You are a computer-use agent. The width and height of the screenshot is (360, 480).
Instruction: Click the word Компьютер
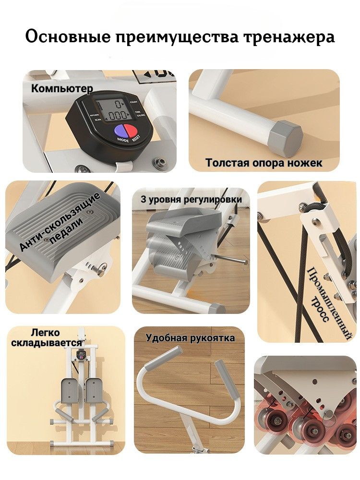pos(62,88)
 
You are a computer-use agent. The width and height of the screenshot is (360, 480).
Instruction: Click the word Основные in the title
pos(68,37)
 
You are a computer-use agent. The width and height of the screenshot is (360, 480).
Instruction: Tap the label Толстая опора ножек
pos(264,163)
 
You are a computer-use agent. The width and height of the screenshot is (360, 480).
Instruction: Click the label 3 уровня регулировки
pos(192,199)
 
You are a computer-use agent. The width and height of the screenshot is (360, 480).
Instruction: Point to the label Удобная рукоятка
pos(190,338)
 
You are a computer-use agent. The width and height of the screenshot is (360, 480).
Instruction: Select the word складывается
pos(47,343)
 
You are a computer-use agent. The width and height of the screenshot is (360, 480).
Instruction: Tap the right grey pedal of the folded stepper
pos(94,391)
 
